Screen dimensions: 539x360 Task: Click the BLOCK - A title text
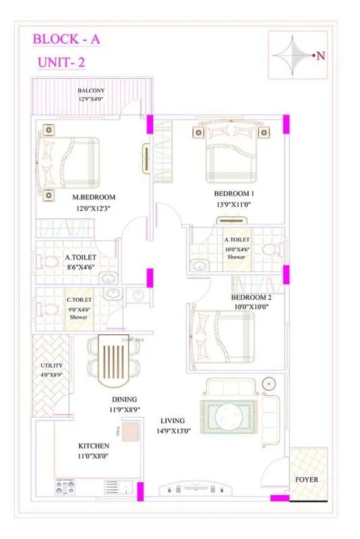click(x=67, y=40)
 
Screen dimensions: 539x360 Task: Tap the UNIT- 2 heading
click(x=61, y=64)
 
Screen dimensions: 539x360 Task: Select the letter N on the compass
click(x=320, y=57)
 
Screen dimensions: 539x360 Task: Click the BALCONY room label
click(x=91, y=90)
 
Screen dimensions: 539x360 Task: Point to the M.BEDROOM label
click(x=94, y=197)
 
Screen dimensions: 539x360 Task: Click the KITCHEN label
click(x=94, y=446)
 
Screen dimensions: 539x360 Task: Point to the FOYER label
click(x=307, y=480)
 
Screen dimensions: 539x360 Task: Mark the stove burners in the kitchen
click(x=67, y=486)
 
